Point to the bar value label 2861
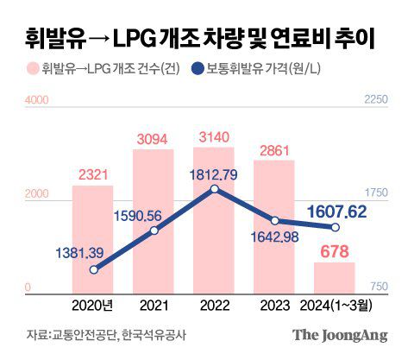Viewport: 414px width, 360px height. [x=274, y=148]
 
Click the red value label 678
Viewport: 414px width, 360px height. [x=334, y=251]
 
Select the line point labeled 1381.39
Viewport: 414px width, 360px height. [x=93, y=269]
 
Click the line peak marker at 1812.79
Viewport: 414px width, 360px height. [x=214, y=188]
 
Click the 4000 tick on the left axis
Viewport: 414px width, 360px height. [x=35, y=101]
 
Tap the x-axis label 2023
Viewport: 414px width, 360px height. [x=273, y=303]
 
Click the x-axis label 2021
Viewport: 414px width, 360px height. [x=153, y=303]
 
